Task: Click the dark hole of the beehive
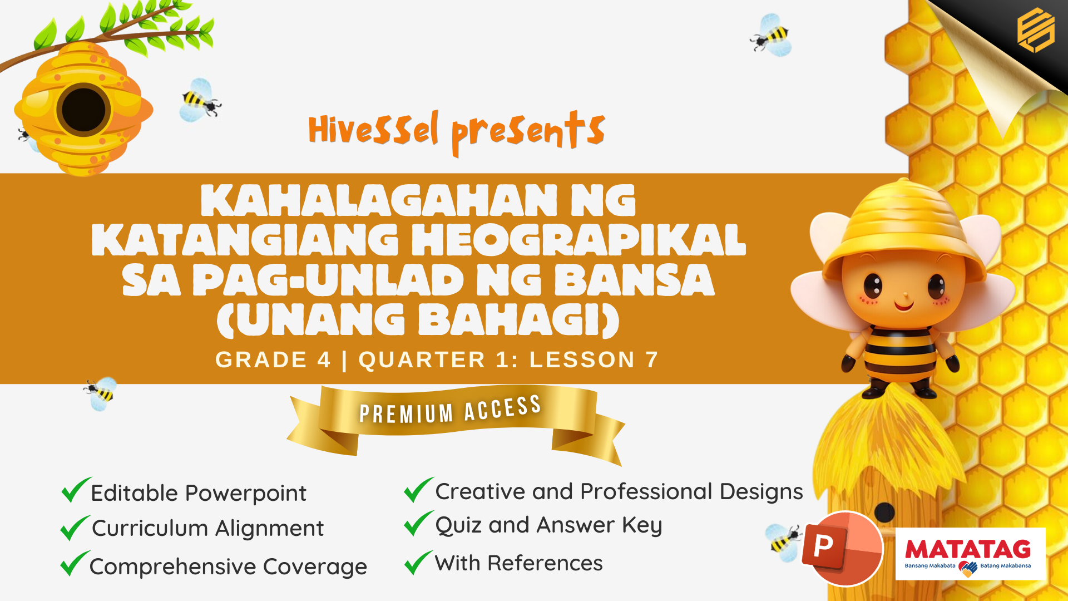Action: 83,110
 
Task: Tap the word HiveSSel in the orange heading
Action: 373,129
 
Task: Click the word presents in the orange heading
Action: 528,132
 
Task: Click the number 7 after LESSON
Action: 652,360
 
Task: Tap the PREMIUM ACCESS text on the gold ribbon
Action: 450,410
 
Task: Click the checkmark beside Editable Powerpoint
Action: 76,490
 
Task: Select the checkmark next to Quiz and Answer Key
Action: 418,523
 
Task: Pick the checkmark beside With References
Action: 418,562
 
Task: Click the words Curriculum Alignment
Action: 208,528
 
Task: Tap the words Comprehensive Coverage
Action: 228,567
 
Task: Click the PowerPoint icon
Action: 842,549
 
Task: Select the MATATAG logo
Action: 970,554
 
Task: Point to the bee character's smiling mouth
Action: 904,305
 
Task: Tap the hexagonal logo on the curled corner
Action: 1036,30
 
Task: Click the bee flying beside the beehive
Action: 200,101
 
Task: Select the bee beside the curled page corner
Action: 772,36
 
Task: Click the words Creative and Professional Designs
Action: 619,492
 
